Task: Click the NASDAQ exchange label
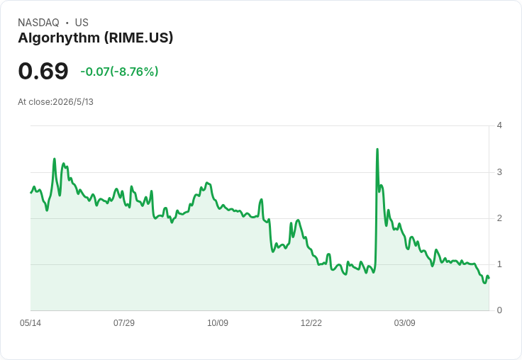pyautogui.click(x=38, y=23)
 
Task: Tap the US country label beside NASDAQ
pyautogui.click(x=82, y=23)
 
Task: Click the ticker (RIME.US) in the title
pyautogui.click(x=139, y=38)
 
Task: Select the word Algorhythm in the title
pyautogui.click(x=59, y=38)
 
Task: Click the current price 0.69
pyautogui.click(x=43, y=71)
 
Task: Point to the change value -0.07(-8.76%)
pyautogui.click(x=119, y=72)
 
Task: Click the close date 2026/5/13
pyautogui.click(x=73, y=102)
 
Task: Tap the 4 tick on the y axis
pyautogui.click(x=499, y=125)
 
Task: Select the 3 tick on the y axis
pyautogui.click(x=499, y=172)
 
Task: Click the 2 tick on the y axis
pyautogui.click(x=499, y=218)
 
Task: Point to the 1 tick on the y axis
pyautogui.click(x=499, y=264)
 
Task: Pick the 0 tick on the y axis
pyautogui.click(x=499, y=310)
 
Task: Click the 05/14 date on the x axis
pyautogui.click(x=30, y=323)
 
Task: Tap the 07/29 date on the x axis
pyautogui.click(x=124, y=323)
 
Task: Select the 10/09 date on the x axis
pyautogui.click(x=218, y=323)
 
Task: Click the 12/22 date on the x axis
pyautogui.click(x=311, y=323)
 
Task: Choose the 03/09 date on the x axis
pyautogui.click(x=404, y=323)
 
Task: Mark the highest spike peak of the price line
pyautogui.click(x=377, y=150)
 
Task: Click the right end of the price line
pyautogui.click(x=489, y=279)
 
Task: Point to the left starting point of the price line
pyautogui.click(x=31, y=193)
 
